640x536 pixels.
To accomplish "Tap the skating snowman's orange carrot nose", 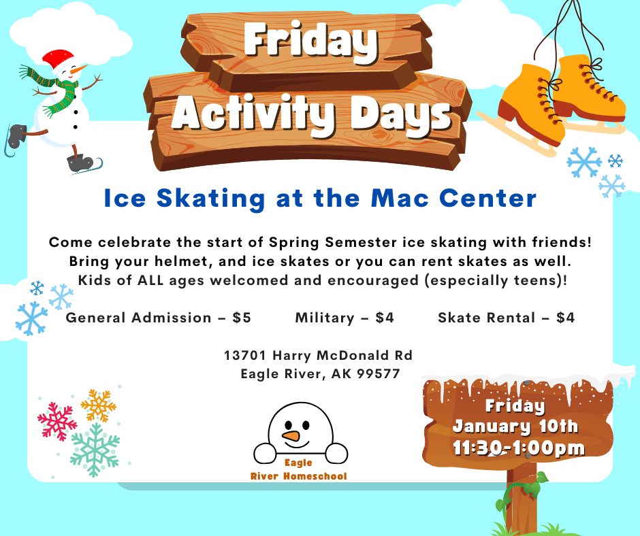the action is [x=79, y=69].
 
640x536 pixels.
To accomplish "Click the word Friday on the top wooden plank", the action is [x=310, y=40].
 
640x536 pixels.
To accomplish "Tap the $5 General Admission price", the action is [x=242, y=318].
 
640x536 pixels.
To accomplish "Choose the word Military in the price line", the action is [x=325, y=318].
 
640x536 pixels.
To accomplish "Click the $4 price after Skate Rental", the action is [x=565, y=318].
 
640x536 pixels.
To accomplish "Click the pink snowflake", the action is [x=57, y=421].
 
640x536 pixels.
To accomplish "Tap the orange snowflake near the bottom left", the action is [x=98, y=405].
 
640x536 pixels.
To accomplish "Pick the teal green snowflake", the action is [x=95, y=450].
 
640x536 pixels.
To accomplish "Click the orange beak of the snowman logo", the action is [x=291, y=435].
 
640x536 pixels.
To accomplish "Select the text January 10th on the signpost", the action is [x=515, y=426].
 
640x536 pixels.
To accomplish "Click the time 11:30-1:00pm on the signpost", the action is [x=518, y=448].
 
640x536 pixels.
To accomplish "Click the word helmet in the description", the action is [x=183, y=261].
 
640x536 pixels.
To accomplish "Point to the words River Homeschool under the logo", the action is [x=298, y=476].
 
